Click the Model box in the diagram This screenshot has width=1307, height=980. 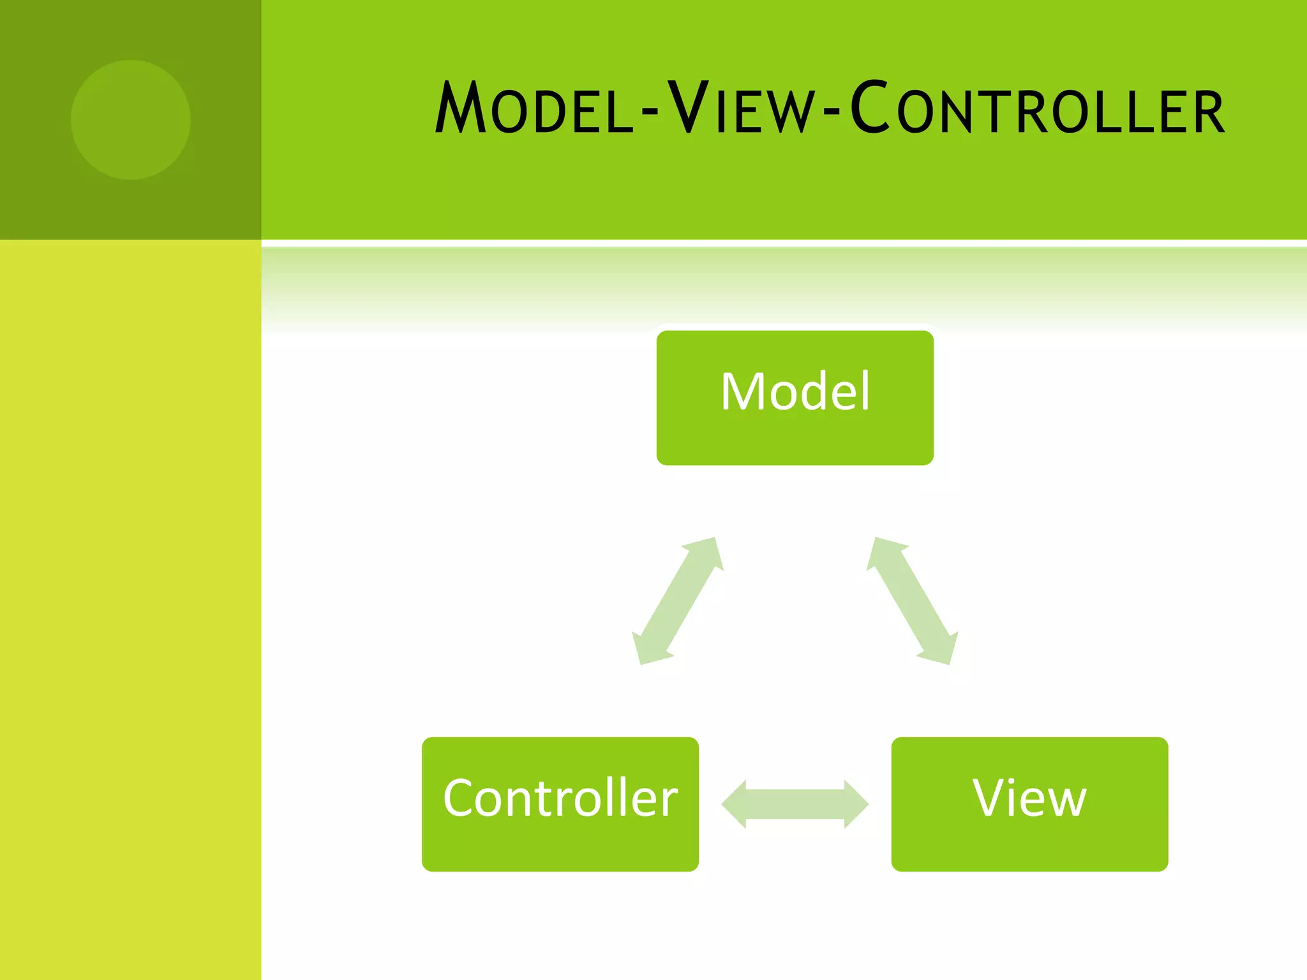(x=795, y=397)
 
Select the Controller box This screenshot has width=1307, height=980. (x=560, y=804)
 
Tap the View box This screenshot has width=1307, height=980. (x=1029, y=804)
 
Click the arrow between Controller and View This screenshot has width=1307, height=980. (x=795, y=804)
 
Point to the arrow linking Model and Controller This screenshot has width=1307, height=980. (x=677, y=601)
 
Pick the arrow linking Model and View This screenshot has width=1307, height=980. (x=912, y=601)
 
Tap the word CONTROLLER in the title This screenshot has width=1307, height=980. (x=1038, y=108)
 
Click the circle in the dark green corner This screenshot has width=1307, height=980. (x=130, y=120)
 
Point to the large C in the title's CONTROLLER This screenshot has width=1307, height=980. (x=870, y=107)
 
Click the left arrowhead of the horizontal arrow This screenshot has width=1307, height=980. (x=734, y=804)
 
